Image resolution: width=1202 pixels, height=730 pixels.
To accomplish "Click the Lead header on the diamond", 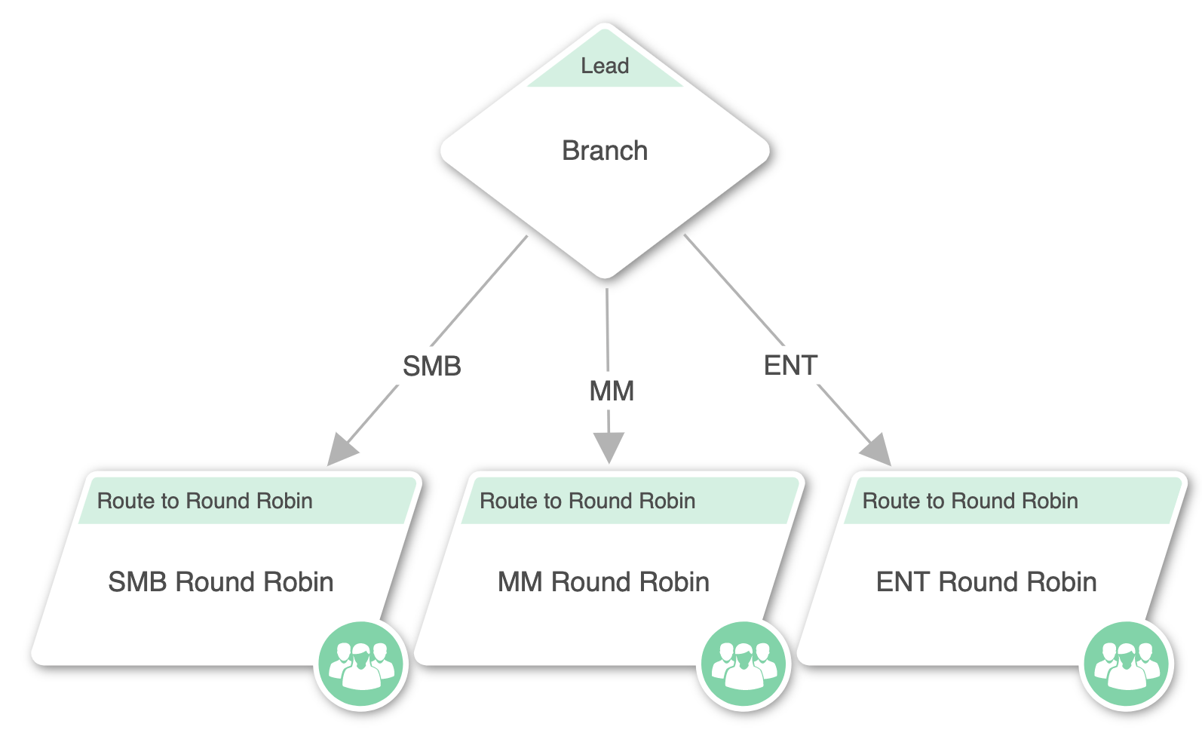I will pyautogui.click(x=605, y=66).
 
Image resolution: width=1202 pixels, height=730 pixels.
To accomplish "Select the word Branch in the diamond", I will pyautogui.click(x=605, y=151).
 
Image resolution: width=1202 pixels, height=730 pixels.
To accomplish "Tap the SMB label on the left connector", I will pyautogui.click(x=431, y=367).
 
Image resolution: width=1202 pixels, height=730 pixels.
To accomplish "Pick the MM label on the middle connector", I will pyautogui.click(x=611, y=391).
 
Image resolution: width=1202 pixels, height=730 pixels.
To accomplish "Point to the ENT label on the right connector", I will pyautogui.click(x=790, y=366).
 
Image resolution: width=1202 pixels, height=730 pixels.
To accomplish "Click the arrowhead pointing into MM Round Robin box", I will pyautogui.click(x=609, y=447).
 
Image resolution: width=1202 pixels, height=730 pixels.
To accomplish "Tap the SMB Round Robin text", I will pyautogui.click(x=220, y=582).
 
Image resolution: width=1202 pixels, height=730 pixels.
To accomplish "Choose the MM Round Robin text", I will pyautogui.click(x=603, y=582).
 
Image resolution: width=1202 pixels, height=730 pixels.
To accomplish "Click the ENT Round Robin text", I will pyautogui.click(x=986, y=582).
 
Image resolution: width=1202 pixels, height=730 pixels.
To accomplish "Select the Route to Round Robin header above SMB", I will pyautogui.click(x=204, y=501).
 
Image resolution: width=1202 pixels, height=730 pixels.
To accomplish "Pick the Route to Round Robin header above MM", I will pyautogui.click(x=587, y=501).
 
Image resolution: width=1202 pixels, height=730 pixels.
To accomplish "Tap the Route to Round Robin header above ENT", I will pyautogui.click(x=970, y=501).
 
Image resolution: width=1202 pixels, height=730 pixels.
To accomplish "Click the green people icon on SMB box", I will pyautogui.click(x=361, y=664).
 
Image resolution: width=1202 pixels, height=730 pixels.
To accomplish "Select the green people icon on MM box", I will pyautogui.click(x=744, y=664).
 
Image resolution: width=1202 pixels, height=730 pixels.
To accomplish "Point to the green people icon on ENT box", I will pyautogui.click(x=1126, y=664).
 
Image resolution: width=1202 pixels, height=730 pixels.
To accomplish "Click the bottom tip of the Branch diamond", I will pyautogui.click(x=606, y=276).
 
